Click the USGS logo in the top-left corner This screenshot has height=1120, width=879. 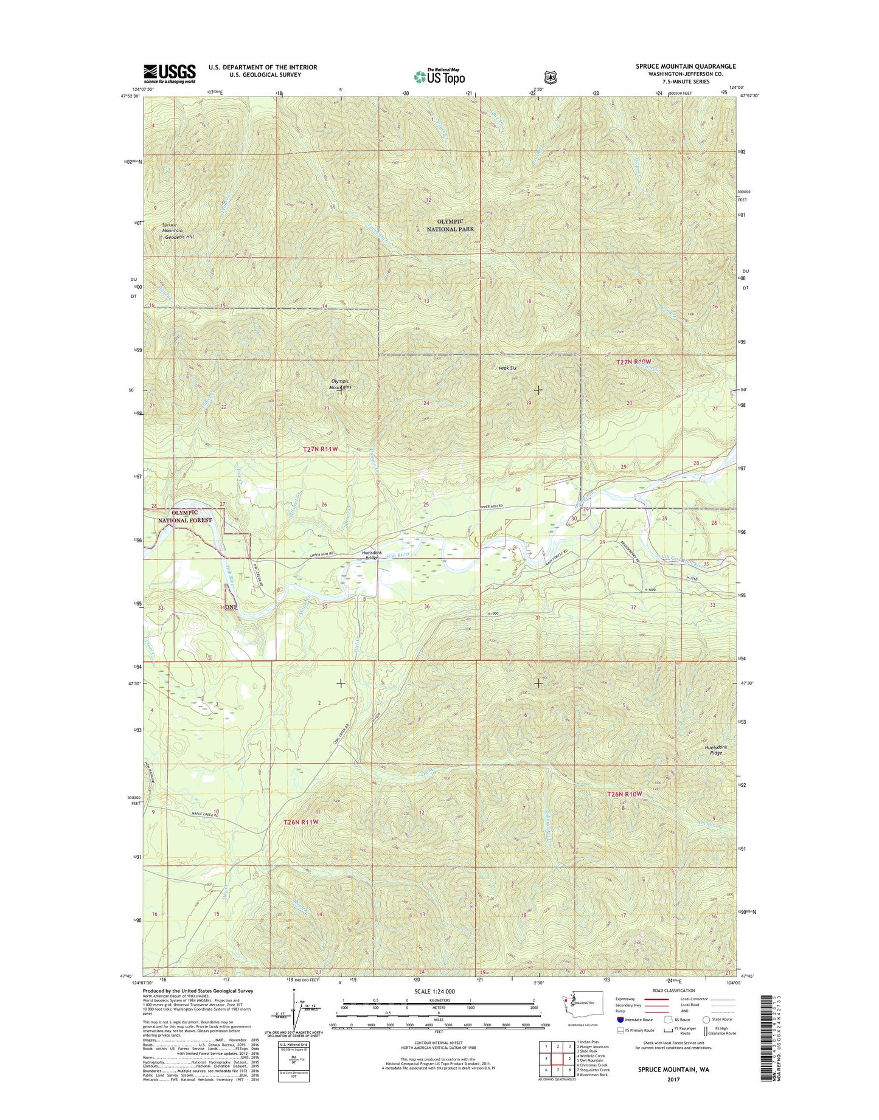[169, 73]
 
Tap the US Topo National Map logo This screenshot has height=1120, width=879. [439, 76]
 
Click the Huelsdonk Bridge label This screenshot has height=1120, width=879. [370, 555]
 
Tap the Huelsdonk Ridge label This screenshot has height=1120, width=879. [716, 750]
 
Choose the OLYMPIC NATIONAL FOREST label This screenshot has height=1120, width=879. [185, 516]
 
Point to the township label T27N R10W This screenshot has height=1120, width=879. [637, 362]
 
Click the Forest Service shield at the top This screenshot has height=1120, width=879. [550, 77]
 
